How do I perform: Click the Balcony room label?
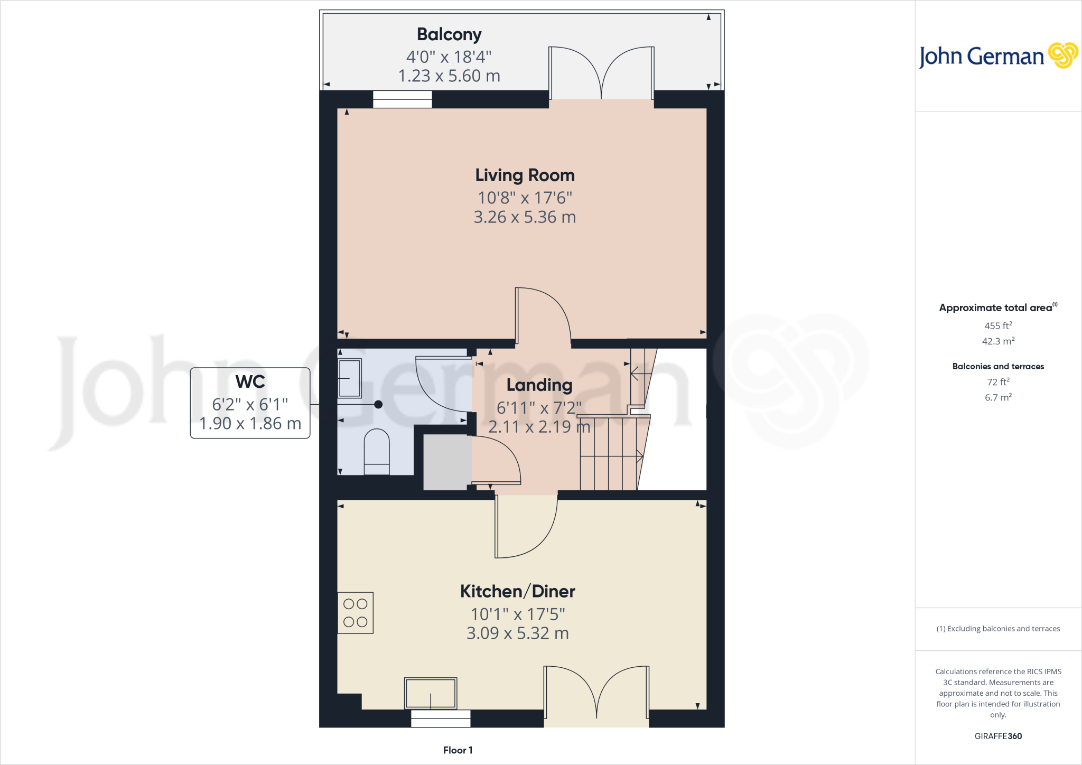coord(449,34)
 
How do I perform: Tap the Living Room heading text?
coord(525,175)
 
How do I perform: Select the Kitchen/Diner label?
coord(517,591)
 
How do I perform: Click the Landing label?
coord(539,385)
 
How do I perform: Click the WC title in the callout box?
coord(250,381)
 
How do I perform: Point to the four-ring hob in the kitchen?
coord(356,613)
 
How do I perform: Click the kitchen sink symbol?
coord(431,693)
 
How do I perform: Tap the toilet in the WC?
coord(377,452)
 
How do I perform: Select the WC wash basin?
coord(350,378)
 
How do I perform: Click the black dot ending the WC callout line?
coord(378,405)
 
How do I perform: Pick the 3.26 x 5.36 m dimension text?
coord(525,217)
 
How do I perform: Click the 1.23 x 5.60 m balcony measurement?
coord(449,76)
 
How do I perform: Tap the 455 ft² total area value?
coord(998,326)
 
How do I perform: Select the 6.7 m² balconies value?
coord(998,397)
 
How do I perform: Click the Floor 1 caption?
coord(458,750)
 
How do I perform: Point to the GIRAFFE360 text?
coord(998,736)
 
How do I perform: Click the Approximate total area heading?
coord(996,308)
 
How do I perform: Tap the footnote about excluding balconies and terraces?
coord(998,629)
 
